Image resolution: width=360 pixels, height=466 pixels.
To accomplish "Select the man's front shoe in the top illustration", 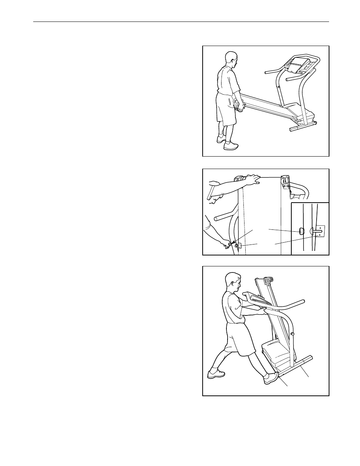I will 231,146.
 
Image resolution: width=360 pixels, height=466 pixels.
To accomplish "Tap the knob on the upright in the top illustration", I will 279,87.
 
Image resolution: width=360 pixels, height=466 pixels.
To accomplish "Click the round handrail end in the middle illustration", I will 216,218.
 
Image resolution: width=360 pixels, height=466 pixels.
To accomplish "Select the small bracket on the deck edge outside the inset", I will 238,246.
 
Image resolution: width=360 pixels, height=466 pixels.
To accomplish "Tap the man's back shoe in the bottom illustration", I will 216,374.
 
